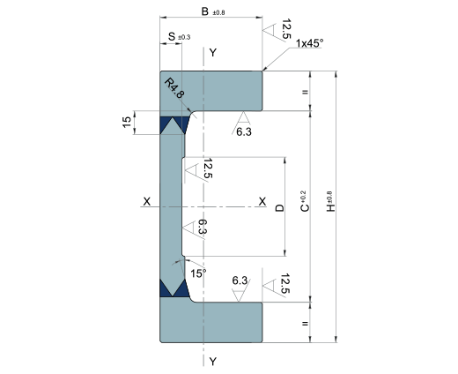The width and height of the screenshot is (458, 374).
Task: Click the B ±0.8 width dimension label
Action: (213, 11)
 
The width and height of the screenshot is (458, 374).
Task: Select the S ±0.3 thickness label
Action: (179, 37)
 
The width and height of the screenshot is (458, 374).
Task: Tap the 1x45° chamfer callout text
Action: (309, 43)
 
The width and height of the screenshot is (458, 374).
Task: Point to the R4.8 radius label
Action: (174, 87)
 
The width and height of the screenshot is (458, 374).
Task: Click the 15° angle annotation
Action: (198, 273)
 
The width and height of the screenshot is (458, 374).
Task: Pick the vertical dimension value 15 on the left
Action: (127, 122)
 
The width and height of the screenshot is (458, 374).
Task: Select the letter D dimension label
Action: (280, 208)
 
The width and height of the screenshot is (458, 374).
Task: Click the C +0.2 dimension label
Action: (305, 201)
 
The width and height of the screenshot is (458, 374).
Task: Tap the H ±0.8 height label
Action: (330, 202)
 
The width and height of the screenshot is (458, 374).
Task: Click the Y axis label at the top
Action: (213, 53)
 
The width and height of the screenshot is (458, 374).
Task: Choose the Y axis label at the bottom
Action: (213, 361)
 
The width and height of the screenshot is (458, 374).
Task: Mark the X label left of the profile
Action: (146, 202)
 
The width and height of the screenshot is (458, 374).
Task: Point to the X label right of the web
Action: (262, 202)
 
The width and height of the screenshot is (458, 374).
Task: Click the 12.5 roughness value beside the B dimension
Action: (285, 29)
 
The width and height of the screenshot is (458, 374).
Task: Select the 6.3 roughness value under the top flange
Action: (244, 132)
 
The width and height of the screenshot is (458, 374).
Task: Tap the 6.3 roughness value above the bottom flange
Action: (240, 280)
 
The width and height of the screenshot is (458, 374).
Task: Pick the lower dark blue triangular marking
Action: (174, 288)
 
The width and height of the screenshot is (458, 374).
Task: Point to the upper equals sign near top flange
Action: (305, 92)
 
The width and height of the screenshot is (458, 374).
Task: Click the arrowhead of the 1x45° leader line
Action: (264, 70)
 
